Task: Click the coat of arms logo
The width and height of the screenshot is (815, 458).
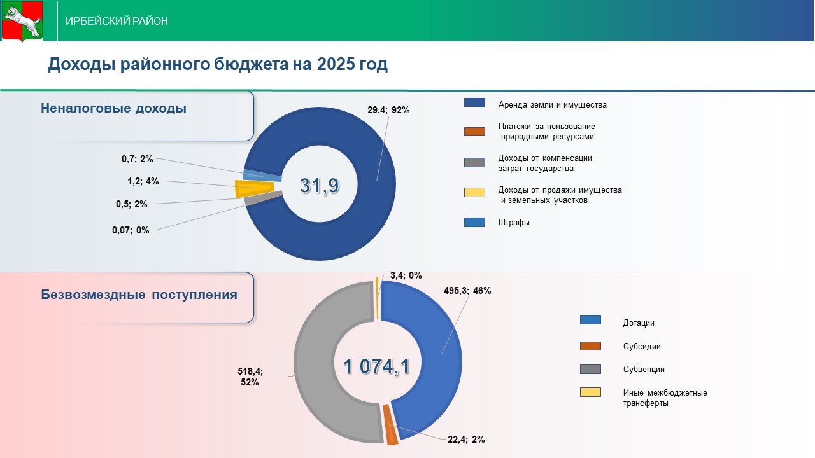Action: click(22, 21)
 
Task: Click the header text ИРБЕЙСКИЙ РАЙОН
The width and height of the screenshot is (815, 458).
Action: click(117, 21)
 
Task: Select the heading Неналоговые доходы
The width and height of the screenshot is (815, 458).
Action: click(113, 108)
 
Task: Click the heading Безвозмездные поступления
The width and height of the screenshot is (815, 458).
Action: click(139, 295)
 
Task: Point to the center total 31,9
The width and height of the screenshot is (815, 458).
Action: click(320, 186)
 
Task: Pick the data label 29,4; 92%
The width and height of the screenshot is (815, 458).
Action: click(388, 110)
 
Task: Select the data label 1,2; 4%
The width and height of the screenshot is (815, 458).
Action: click(143, 181)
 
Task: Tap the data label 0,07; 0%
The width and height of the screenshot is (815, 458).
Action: click(131, 230)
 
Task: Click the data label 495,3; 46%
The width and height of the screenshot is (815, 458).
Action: click(467, 291)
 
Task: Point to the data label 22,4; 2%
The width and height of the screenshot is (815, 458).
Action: click(466, 440)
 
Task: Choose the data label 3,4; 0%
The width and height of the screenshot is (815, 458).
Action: click(406, 275)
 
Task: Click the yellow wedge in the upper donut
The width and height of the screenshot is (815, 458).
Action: click(255, 189)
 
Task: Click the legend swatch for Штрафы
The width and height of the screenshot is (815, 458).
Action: click(474, 223)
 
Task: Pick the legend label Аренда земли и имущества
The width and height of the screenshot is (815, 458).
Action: click(552, 105)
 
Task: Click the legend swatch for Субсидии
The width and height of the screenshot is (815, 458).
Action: click(590, 346)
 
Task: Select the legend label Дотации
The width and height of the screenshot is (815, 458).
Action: click(638, 323)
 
